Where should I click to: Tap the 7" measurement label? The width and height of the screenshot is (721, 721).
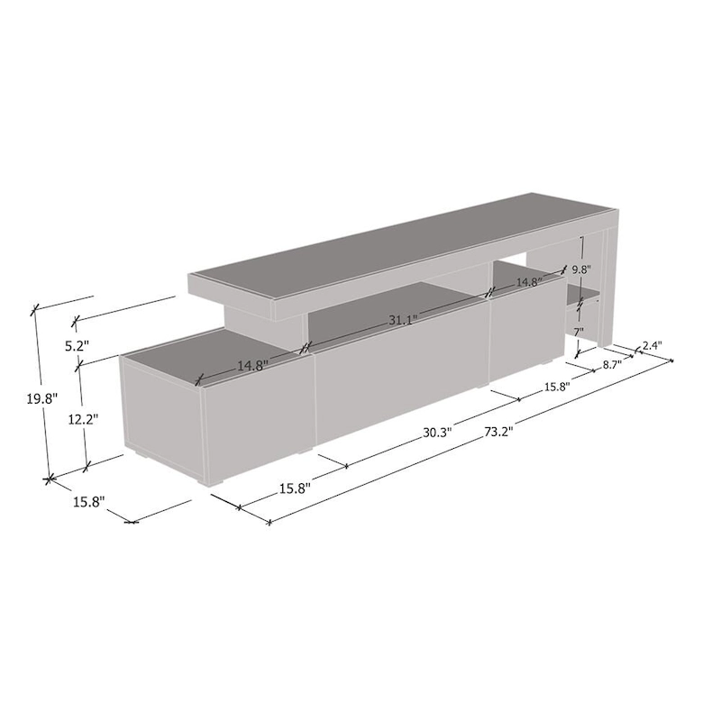580,333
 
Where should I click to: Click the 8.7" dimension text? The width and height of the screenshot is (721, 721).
610,366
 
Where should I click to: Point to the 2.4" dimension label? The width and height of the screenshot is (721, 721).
653,346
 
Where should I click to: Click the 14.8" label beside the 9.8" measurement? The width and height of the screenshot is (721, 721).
529,283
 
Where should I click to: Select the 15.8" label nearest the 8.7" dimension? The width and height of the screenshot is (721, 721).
554,388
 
